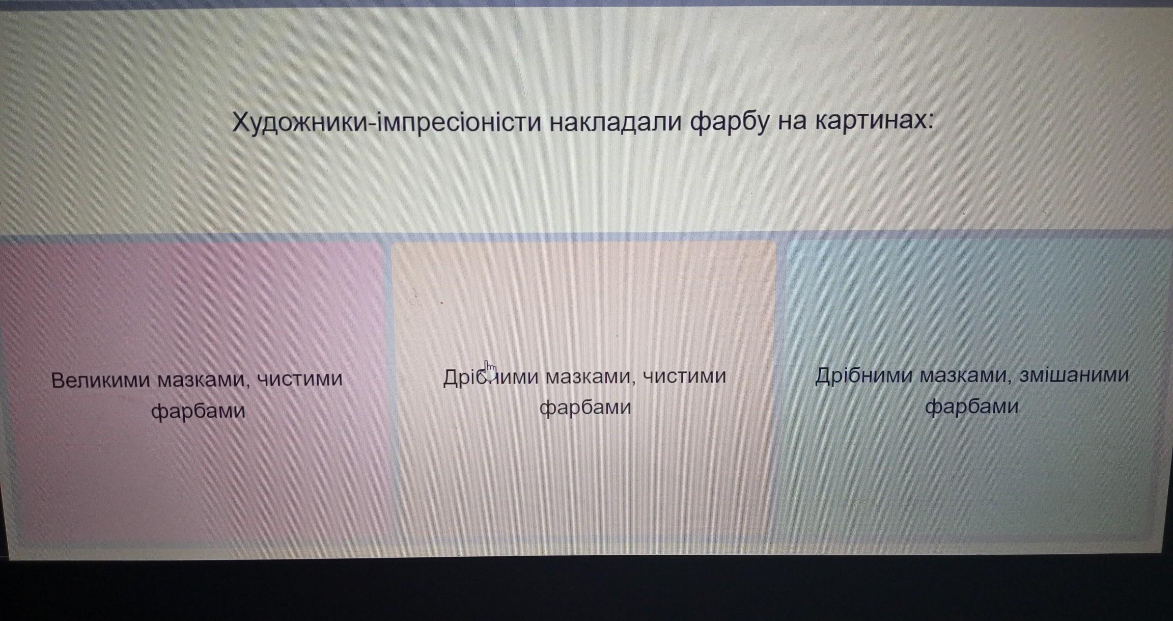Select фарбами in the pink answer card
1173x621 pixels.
198,411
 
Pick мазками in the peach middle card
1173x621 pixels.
591,377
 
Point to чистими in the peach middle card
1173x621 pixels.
685,376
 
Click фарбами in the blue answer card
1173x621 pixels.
971,407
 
